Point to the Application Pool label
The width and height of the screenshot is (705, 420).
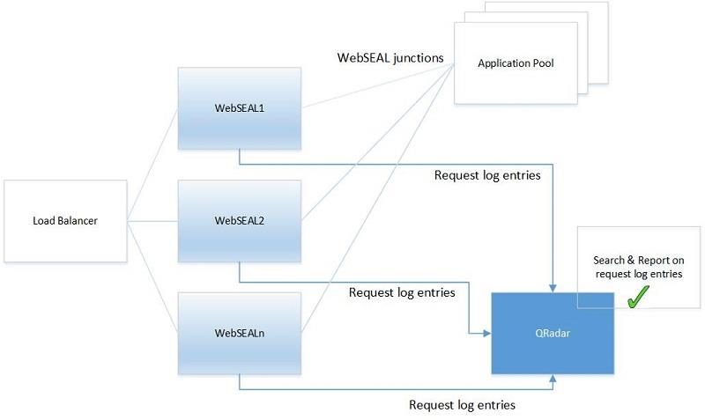516,63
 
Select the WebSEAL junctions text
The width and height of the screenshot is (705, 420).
390,58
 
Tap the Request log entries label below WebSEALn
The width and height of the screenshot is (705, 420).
462,405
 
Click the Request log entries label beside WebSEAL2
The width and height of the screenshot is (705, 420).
402,292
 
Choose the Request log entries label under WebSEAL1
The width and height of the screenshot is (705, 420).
487,174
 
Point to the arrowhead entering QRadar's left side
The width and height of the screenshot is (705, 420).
486,335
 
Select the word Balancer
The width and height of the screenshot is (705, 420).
77,220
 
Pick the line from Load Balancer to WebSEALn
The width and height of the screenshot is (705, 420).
152,275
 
